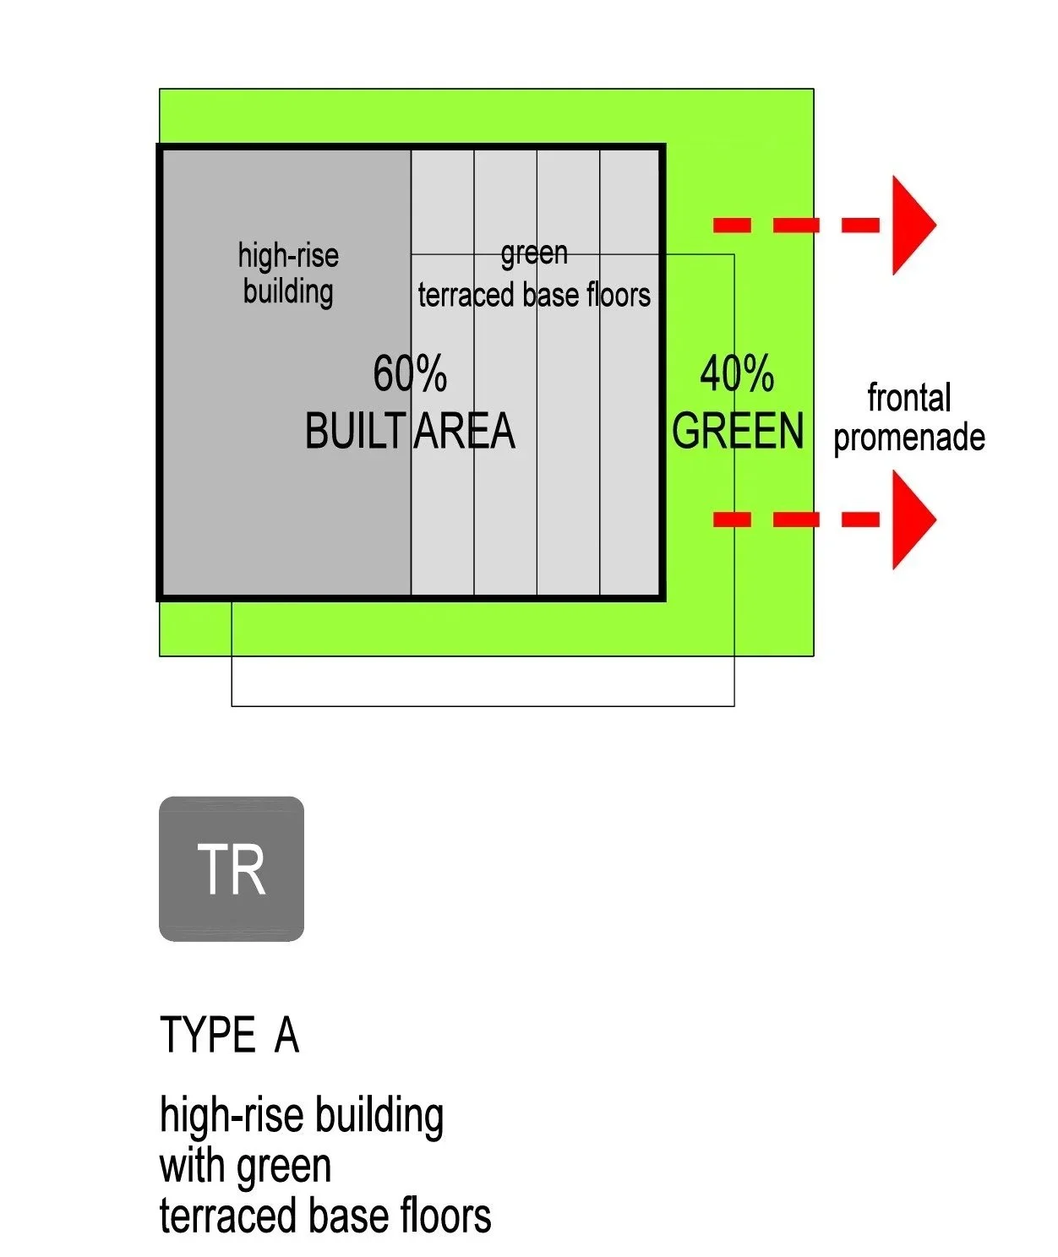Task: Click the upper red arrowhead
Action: pos(911,225)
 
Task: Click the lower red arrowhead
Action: pos(911,519)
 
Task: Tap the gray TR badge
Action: pos(232,868)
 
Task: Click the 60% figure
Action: pos(410,373)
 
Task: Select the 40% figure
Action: pos(737,373)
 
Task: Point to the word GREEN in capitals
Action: pos(738,431)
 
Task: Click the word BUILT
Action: pos(355,431)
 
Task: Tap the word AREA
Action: pos(464,431)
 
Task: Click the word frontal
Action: pos(909,397)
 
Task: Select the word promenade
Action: pos(909,438)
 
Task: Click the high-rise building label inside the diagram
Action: pos(288,273)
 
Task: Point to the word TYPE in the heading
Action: pos(208,1035)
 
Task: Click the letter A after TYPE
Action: pos(286,1035)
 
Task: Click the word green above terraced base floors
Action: pos(534,253)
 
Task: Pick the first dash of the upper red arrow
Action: pos(732,225)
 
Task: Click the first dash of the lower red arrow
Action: pos(732,519)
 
